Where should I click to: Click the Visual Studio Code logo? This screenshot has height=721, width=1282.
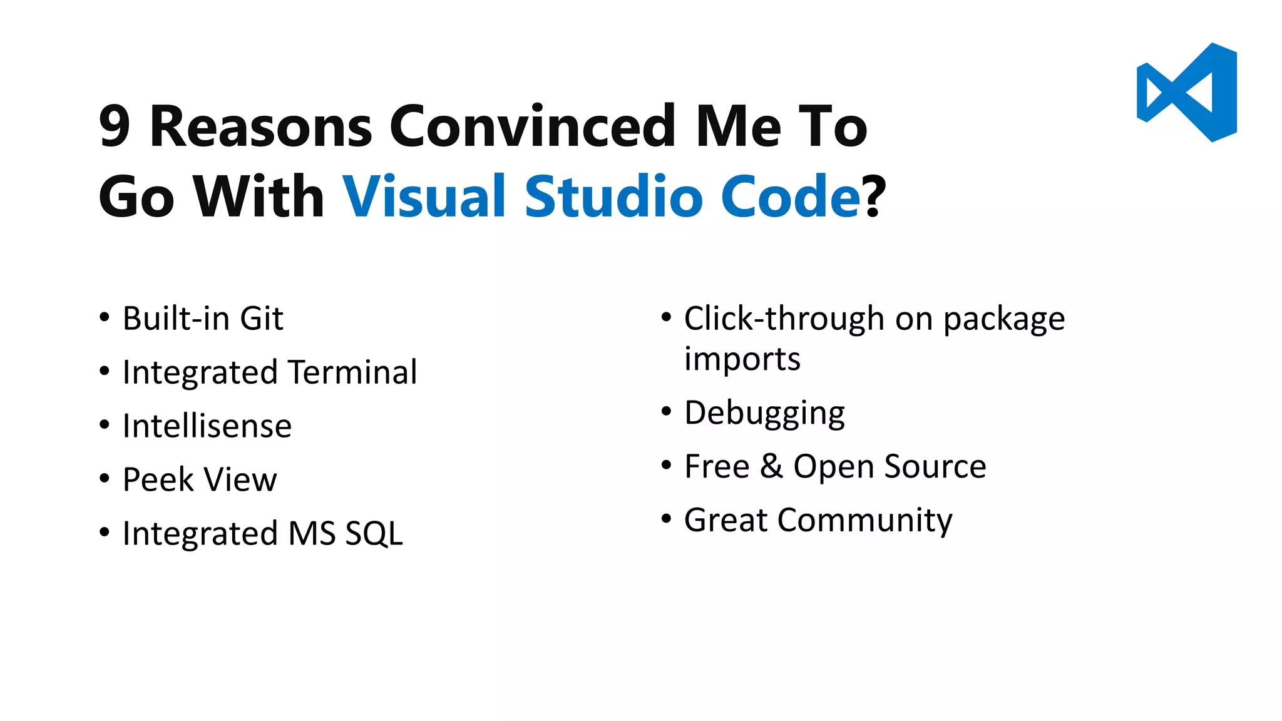pyautogui.click(x=1186, y=92)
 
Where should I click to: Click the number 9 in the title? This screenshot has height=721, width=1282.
pyautogui.click(x=115, y=126)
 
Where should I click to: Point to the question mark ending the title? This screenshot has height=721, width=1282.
pyautogui.click(x=874, y=197)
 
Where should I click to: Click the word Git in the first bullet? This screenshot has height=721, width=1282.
pyautogui.click(x=262, y=319)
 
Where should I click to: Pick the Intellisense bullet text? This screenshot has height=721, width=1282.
pyautogui.click(x=207, y=426)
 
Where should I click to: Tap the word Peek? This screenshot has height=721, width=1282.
pyautogui.click(x=158, y=480)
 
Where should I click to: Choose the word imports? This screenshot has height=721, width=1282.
pyautogui.click(x=742, y=359)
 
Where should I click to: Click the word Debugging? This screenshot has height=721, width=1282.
pyautogui.click(x=764, y=413)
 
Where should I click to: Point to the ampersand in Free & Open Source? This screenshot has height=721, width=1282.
pyautogui.click(x=771, y=466)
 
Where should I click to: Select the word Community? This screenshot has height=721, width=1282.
pyautogui.click(x=864, y=520)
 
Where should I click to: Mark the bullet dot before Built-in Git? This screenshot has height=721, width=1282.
pyautogui.click(x=105, y=317)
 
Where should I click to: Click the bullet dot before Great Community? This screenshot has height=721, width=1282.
pyautogui.click(x=666, y=519)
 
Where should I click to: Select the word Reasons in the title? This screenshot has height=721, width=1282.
pyautogui.click(x=261, y=126)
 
